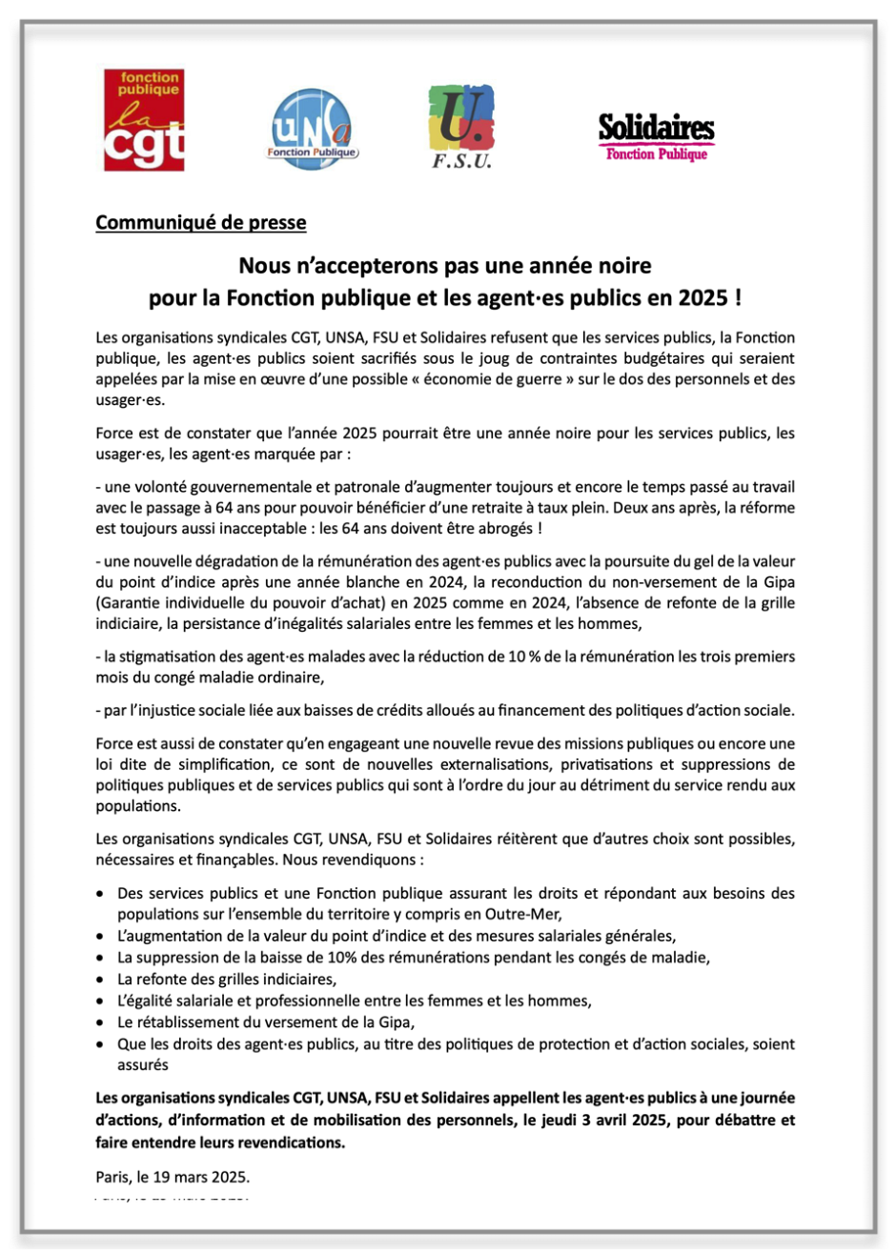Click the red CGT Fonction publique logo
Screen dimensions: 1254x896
[x=144, y=119]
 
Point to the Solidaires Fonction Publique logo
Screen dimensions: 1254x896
[x=656, y=134]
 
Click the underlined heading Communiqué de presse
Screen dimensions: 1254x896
[x=201, y=223]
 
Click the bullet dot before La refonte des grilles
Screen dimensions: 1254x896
[x=102, y=979]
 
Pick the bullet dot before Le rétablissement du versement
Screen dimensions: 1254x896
[x=102, y=1022]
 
